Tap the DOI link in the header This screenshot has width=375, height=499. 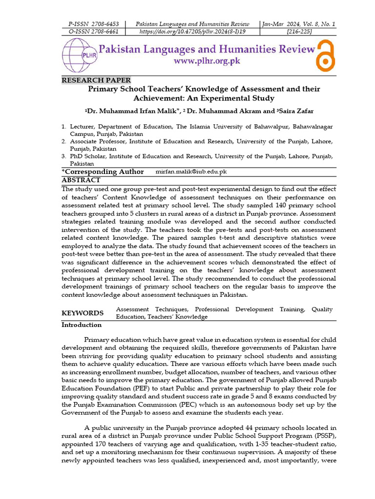(192, 31)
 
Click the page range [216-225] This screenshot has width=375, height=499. (298, 31)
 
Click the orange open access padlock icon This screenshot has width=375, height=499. (325, 55)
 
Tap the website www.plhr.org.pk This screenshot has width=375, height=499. (207, 61)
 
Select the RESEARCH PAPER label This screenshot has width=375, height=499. (96, 80)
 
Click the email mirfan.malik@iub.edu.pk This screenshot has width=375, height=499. (191, 172)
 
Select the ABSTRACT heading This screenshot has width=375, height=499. (81, 180)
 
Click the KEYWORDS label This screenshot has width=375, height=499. (82, 313)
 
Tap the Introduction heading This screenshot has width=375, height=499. (81, 325)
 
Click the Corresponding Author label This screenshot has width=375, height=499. (103, 172)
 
